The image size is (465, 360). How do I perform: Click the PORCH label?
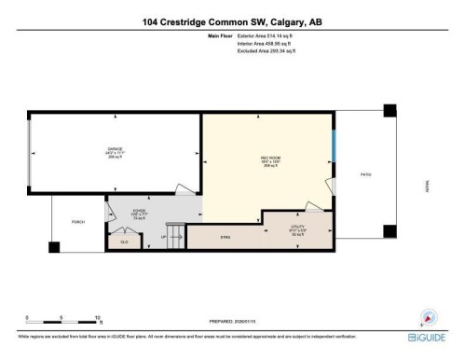click(x=78, y=222)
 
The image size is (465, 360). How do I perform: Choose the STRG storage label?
click(x=225, y=238)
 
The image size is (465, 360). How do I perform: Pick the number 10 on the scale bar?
click(x=98, y=318)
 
